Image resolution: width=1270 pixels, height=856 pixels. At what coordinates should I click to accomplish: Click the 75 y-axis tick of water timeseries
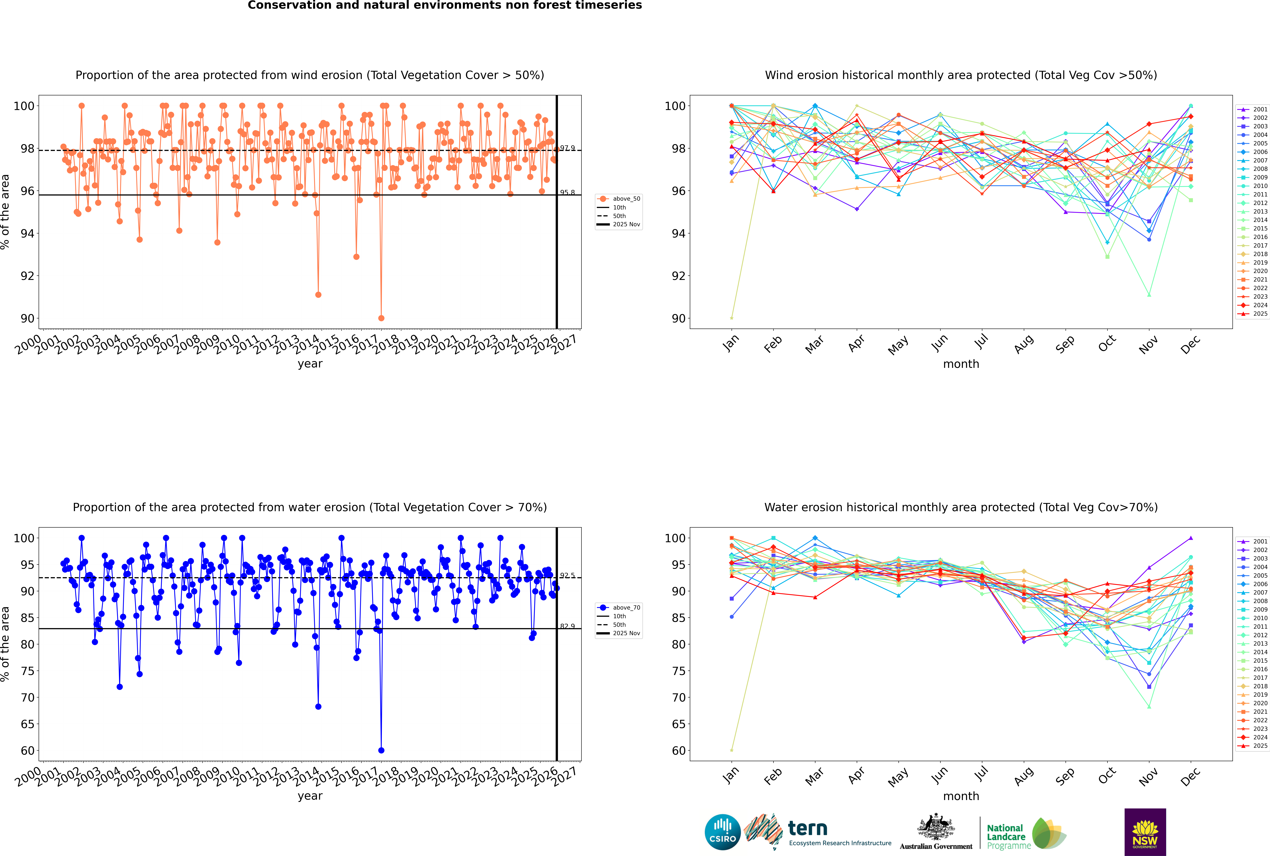(x=27, y=671)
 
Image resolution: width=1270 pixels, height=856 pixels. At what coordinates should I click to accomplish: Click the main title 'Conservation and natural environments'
(x=444, y=5)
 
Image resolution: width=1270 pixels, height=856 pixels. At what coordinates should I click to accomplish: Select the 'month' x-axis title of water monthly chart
(x=961, y=796)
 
